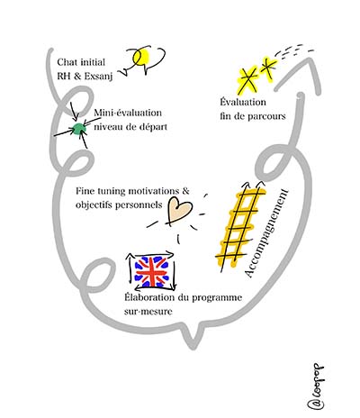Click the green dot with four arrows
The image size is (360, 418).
(x=78, y=129)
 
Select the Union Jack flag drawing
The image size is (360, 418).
(x=151, y=271)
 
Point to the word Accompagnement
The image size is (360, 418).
(x=266, y=233)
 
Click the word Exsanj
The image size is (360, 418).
(x=98, y=77)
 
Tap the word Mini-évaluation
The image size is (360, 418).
(x=128, y=113)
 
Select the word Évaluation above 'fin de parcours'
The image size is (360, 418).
(x=243, y=102)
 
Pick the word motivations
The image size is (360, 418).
(x=154, y=191)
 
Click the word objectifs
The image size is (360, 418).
(x=97, y=205)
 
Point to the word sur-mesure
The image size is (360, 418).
(x=148, y=312)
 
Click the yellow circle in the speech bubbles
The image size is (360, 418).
(x=141, y=57)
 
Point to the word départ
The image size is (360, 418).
(x=153, y=127)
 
